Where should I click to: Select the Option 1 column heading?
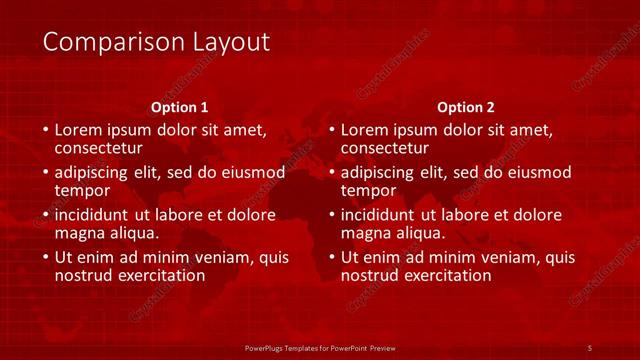180,106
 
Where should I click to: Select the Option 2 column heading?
466,106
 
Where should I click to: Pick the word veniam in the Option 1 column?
226,257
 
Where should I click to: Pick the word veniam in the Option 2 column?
512,257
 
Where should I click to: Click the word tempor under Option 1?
81,189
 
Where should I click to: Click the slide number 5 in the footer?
590,347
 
